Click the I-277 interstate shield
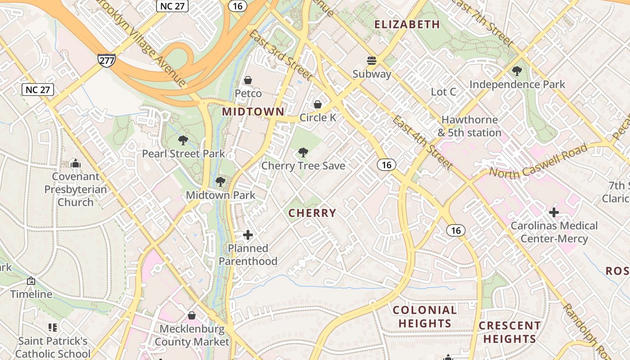point(106,60)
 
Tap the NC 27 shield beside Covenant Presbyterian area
point(38,90)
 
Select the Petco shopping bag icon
point(247,81)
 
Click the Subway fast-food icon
point(372,60)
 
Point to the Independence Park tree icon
point(517,71)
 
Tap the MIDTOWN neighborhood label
point(253,112)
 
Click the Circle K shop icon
point(318,105)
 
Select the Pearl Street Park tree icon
point(183,140)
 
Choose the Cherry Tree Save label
point(303,166)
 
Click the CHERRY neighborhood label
point(312,213)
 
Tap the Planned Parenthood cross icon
point(248,235)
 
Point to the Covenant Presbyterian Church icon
point(76,163)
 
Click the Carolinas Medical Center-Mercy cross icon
point(554,212)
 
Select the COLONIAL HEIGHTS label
point(425,316)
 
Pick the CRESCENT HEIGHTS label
point(509,332)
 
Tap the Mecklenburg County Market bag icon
point(192,315)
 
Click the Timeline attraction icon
point(31,281)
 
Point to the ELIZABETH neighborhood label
point(407,24)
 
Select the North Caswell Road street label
point(538,161)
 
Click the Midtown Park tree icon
point(220,182)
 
